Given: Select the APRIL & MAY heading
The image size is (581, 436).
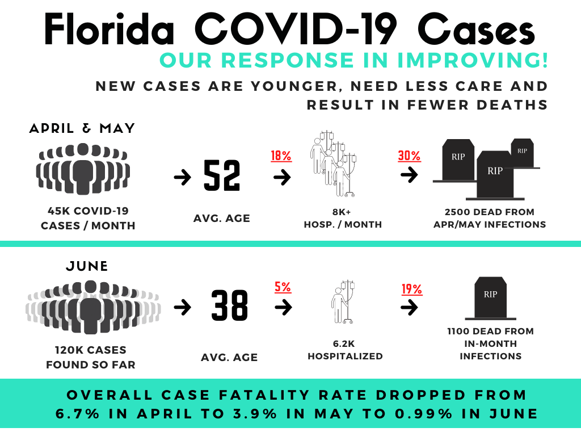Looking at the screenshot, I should point(82,128).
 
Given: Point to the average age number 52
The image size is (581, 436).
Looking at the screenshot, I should point(222,177).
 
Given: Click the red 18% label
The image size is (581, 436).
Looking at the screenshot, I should point(282,156).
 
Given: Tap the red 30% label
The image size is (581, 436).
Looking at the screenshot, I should point(410,156).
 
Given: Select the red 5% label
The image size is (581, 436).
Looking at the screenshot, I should point(283,287).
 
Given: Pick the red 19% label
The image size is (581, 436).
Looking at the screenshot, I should point(412,290).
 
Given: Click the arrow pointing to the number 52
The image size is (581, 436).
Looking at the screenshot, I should point(182,178).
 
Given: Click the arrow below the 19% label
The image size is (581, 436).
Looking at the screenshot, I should point(409,308).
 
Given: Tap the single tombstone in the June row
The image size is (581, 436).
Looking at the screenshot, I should point(490,297).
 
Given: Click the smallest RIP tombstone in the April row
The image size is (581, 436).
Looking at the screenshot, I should point(522,152).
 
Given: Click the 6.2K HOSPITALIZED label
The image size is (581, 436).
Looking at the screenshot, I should point(345,350).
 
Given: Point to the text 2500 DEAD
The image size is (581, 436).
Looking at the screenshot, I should point(470,212).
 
